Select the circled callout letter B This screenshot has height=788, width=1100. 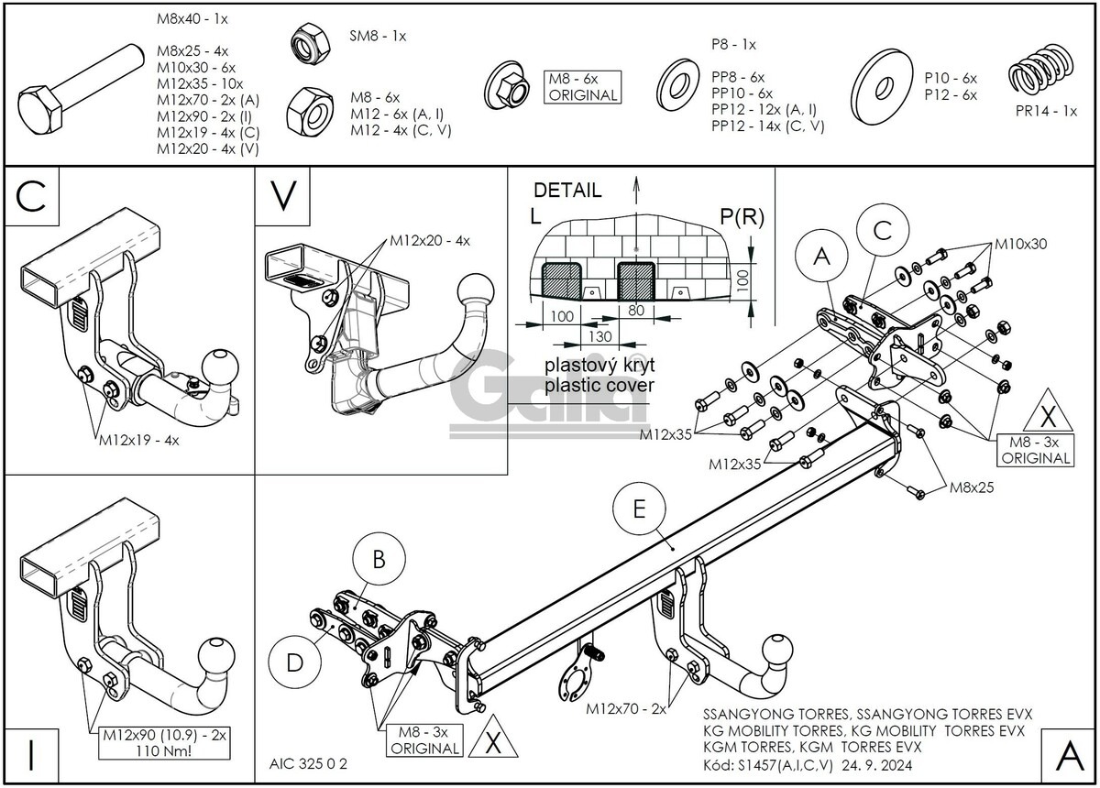[378, 558]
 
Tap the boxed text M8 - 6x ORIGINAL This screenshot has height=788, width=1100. [582, 87]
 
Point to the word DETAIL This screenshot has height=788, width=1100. [567, 191]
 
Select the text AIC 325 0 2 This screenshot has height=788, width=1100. [309, 762]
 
